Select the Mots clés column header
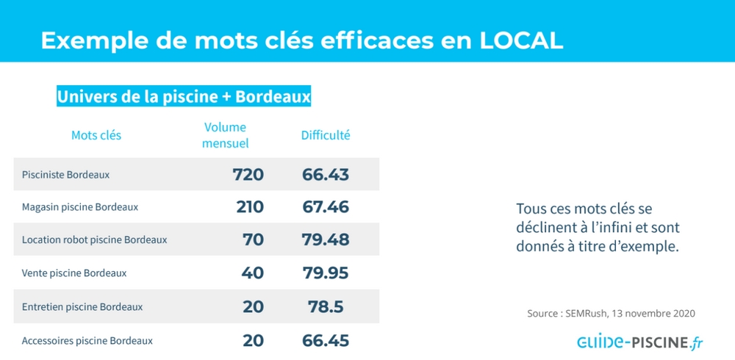point(96,135)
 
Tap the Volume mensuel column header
point(225,135)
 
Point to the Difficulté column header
point(326,135)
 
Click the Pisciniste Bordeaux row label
point(66,175)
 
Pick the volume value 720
point(248,175)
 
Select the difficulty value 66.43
point(326,175)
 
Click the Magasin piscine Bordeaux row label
point(80,207)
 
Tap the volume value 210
point(250,207)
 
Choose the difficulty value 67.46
point(326,207)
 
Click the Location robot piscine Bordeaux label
point(95,240)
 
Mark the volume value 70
point(253,240)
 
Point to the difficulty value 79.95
point(326,273)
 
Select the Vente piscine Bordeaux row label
point(74,273)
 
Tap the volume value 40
point(253,273)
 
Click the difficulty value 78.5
point(326,306)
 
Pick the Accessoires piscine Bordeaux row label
point(87,341)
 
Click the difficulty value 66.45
point(326,341)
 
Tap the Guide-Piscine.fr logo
point(639,342)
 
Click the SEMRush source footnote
point(611,313)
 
